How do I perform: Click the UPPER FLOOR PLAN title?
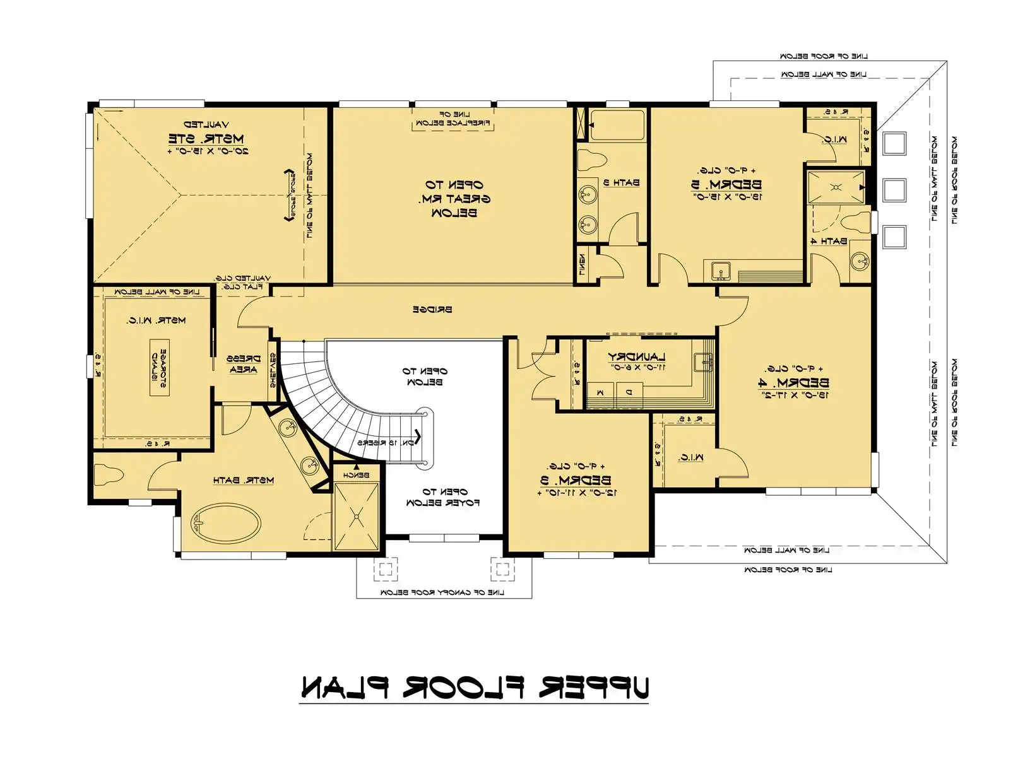474,688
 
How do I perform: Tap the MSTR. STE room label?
206,138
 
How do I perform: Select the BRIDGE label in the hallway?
432,310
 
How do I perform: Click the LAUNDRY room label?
637,357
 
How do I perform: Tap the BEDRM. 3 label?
576,479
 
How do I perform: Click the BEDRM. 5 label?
726,185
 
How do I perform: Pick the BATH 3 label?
621,183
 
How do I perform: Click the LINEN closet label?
582,264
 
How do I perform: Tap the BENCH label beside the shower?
356,474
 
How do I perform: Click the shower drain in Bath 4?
836,187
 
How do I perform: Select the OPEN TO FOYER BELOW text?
443,497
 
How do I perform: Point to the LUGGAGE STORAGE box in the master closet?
159,367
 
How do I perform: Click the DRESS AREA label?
243,365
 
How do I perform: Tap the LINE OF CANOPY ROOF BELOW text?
442,592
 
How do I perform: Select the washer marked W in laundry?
600,392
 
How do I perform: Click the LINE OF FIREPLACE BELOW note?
453,119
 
